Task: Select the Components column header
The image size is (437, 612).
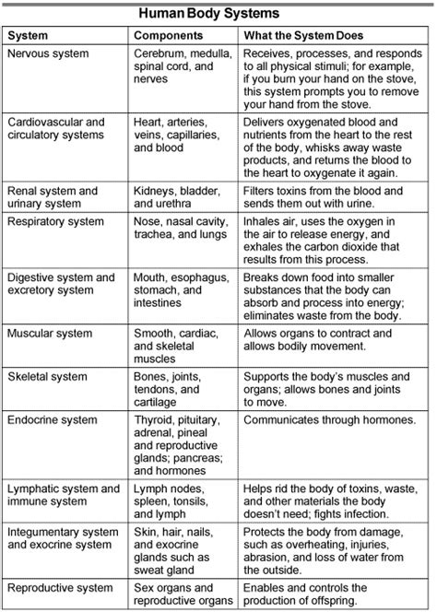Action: coord(169,36)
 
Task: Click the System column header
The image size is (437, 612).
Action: coord(29,36)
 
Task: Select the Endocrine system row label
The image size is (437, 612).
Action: coord(51,420)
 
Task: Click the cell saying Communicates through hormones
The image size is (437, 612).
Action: coord(328,420)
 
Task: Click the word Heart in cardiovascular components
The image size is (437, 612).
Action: coord(148,122)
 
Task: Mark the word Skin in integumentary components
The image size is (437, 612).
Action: coord(146,531)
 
